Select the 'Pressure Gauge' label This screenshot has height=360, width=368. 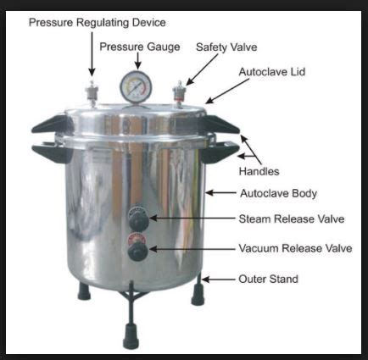[x=139, y=47]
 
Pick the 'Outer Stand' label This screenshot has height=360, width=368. [x=269, y=279]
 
